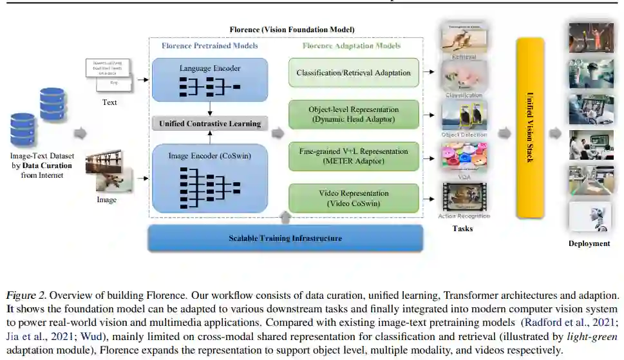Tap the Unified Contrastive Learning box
pyautogui.click(x=211, y=123)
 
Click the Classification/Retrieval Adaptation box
pyautogui.click(x=353, y=73)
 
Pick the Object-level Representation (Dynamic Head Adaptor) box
pyautogui.click(x=353, y=115)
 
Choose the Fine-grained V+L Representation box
pyautogui.click(x=353, y=156)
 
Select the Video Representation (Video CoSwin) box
pyautogui.click(x=353, y=198)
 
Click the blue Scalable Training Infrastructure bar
pyautogui.click(x=285, y=238)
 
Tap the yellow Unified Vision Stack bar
pyautogui.click(x=530, y=128)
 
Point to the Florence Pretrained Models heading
pyautogui.click(x=210, y=46)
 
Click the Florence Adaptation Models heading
pyautogui.click(x=352, y=46)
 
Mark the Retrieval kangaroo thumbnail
pyautogui.click(x=463, y=38)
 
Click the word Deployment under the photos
pyautogui.click(x=589, y=243)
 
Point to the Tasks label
pyautogui.click(x=462, y=229)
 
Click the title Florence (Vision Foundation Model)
pyautogui.click(x=292, y=30)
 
